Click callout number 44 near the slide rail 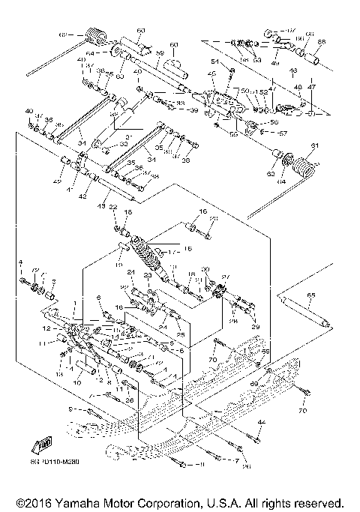262,424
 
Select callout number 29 253,326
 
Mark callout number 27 224,277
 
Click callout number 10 76,383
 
